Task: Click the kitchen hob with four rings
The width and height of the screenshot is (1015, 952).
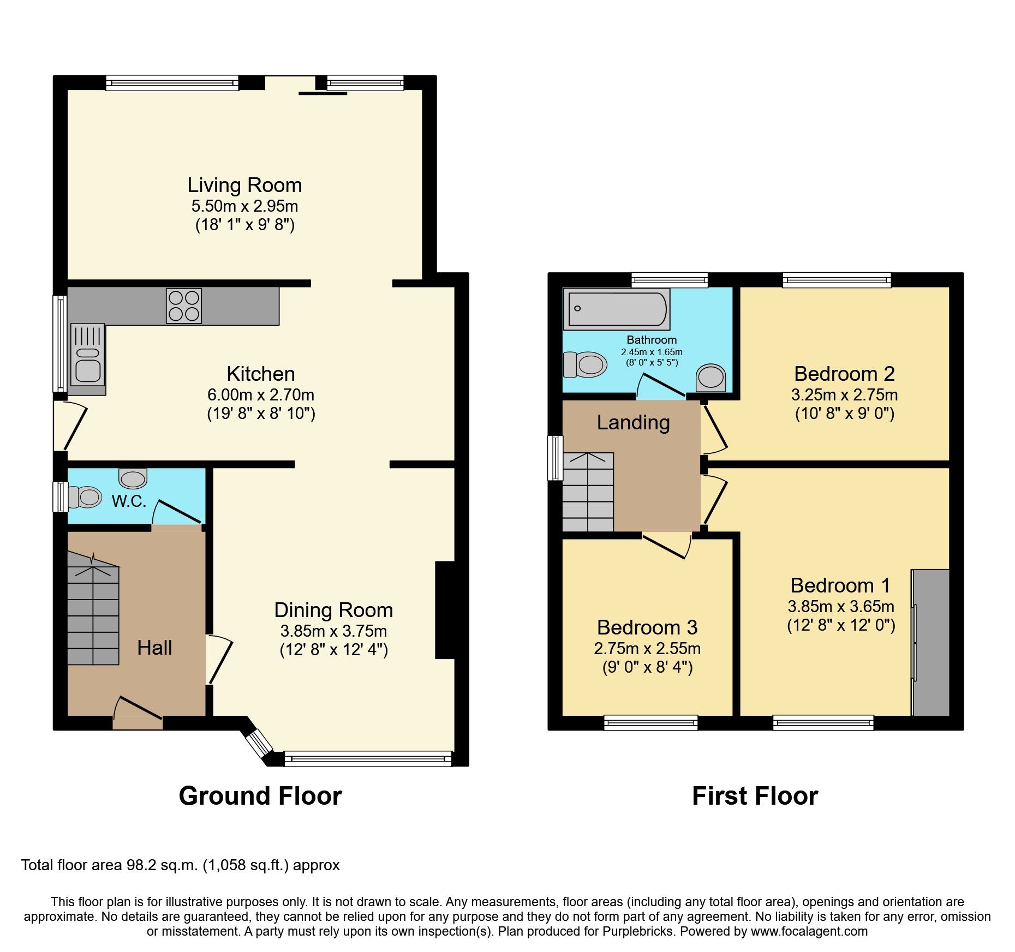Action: point(184,306)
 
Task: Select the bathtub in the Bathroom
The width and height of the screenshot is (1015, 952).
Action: point(617,309)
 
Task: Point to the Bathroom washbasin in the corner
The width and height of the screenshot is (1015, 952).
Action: point(711,377)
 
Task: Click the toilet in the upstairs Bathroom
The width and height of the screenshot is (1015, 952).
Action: point(586,364)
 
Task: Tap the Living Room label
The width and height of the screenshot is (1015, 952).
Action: point(244,185)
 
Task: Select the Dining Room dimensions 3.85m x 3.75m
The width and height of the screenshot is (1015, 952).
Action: point(333,631)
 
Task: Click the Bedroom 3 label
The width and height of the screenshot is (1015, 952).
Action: point(647,627)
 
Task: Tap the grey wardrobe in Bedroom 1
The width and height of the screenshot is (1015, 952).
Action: point(932,642)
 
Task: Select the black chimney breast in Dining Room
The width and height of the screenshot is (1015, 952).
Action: point(445,610)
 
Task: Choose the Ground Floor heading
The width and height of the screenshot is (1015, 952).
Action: point(260,796)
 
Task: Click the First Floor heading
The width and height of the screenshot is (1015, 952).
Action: point(755,796)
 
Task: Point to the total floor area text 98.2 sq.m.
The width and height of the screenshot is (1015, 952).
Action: point(180,865)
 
